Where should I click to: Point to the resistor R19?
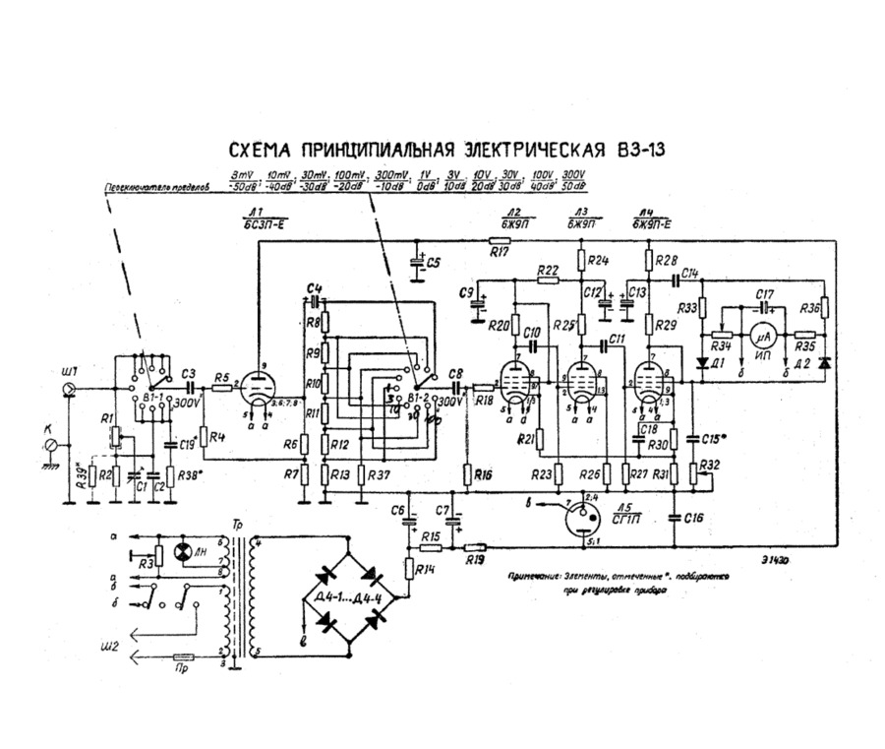[x=475, y=547]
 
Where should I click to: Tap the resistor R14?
[x=410, y=569]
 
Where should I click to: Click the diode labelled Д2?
[x=823, y=362]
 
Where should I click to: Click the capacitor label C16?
[x=692, y=517]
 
